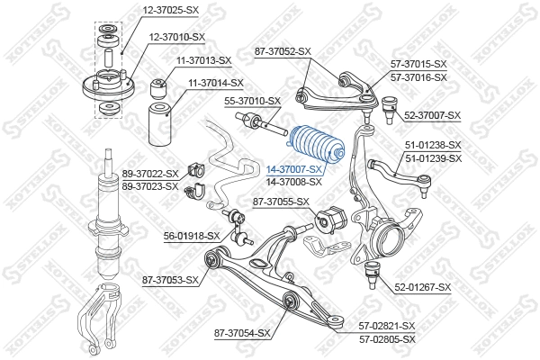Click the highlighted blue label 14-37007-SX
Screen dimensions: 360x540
[294, 168]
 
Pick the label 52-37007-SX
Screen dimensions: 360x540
[432, 115]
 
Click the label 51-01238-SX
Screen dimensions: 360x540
[433, 144]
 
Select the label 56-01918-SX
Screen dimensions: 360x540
[192, 235]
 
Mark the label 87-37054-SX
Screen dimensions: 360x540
[242, 333]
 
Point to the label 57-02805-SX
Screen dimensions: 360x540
[387, 338]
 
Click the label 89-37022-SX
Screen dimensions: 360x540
[149, 174]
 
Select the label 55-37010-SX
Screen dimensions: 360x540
[252, 101]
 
